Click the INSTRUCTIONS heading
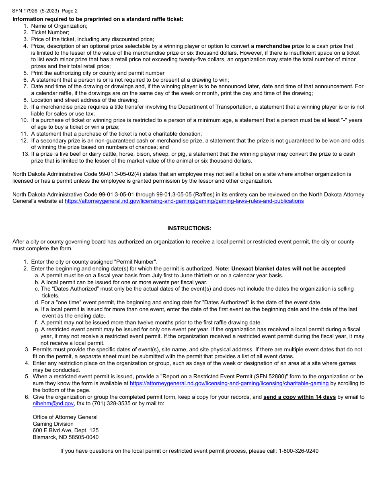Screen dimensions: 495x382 click(x=189, y=228)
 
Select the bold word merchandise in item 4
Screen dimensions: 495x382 click(x=273, y=46)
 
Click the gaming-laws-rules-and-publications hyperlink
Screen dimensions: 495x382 click(x=184, y=201)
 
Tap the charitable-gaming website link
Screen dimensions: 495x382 click(x=229, y=384)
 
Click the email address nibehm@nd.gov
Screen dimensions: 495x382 click(x=53, y=403)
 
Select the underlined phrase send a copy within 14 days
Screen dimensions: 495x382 click(x=300, y=397)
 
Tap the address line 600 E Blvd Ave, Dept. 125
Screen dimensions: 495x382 click(x=66, y=430)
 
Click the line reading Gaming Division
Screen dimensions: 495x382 click(x=53, y=424)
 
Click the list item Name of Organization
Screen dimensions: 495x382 click(x=59, y=26)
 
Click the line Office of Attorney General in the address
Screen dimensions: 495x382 click(x=65, y=417)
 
